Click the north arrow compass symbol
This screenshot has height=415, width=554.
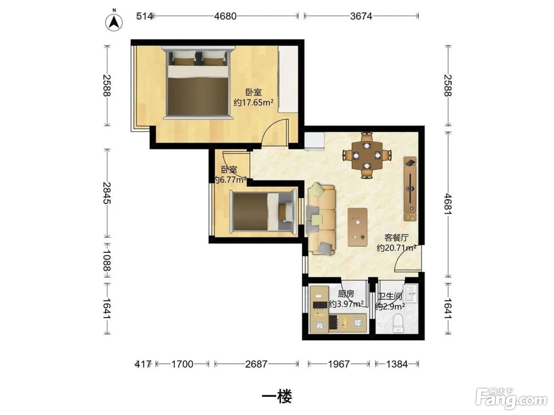114,22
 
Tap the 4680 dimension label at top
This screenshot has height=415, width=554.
225,16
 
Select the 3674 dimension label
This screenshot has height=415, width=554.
361,16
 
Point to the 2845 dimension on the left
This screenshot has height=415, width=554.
107,193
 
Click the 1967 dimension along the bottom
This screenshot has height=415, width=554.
338,364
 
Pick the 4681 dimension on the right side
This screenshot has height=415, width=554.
448,204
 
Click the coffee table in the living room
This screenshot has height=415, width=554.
357,227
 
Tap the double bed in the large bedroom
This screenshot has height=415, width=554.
197,82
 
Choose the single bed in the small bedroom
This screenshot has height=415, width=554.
263,212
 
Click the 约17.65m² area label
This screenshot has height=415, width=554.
253,102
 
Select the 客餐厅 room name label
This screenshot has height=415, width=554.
396,238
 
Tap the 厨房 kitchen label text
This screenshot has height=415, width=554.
346,294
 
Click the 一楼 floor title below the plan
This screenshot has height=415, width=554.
277,397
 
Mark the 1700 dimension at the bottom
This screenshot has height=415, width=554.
182,364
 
